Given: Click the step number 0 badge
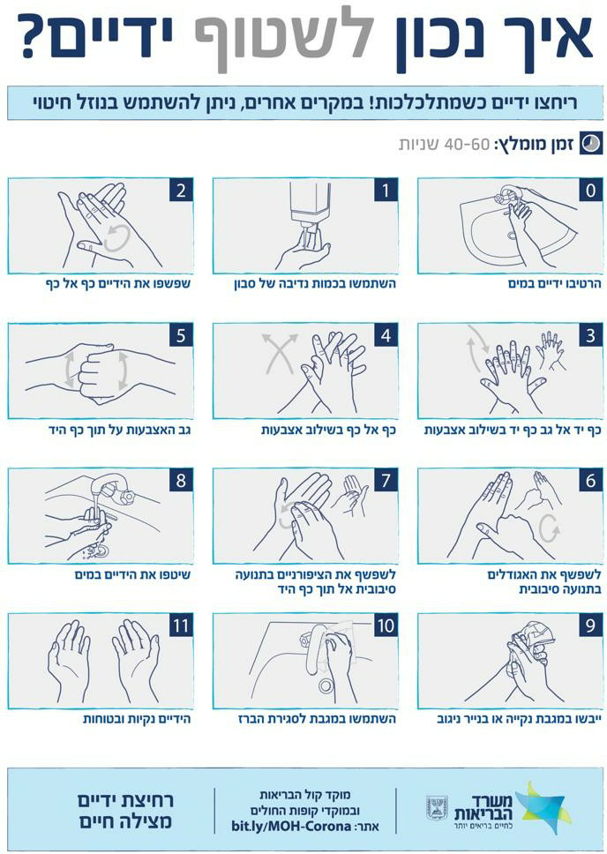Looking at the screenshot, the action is [x=590, y=191].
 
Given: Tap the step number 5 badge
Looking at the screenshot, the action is [x=181, y=335].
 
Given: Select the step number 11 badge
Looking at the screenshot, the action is [x=181, y=626].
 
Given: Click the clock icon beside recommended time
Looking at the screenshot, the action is [x=590, y=144].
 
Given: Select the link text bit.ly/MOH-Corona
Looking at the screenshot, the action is [x=290, y=828].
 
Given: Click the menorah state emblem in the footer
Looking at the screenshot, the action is [x=437, y=808].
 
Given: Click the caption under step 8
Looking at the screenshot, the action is [x=134, y=574].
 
